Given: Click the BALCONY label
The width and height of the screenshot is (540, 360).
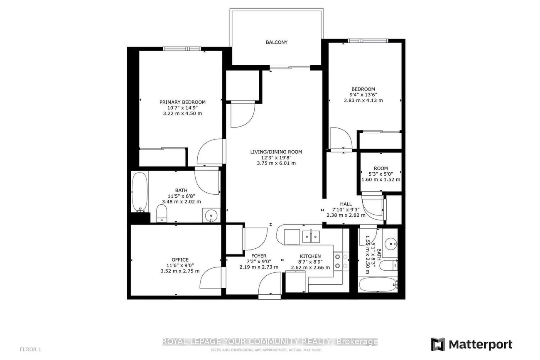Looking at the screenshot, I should pyautogui.click(x=276, y=42).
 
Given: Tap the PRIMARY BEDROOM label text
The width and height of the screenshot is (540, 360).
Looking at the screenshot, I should pyautogui.click(x=182, y=102).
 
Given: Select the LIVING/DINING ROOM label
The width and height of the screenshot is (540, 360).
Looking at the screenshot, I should pyautogui.click(x=276, y=152).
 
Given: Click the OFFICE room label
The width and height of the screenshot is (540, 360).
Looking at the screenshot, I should pyautogui.click(x=180, y=260).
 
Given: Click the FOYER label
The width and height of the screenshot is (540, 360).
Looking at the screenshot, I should pyautogui.click(x=259, y=256).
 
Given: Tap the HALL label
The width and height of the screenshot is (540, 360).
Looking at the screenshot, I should pyautogui.click(x=346, y=204).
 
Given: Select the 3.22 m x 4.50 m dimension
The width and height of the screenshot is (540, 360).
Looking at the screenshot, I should pyautogui.click(x=182, y=113).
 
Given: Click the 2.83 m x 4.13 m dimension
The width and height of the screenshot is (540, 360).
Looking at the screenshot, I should pyautogui.click(x=363, y=100).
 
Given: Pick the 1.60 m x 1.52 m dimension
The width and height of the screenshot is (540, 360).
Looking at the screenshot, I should pyautogui.click(x=380, y=180).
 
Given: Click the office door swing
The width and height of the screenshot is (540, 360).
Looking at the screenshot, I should pyautogui.click(x=211, y=279).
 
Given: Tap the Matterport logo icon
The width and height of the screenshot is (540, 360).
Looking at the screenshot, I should pyautogui.click(x=438, y=344).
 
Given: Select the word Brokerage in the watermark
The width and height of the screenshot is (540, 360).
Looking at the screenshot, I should pyautogui.click(x=357, y=342).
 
